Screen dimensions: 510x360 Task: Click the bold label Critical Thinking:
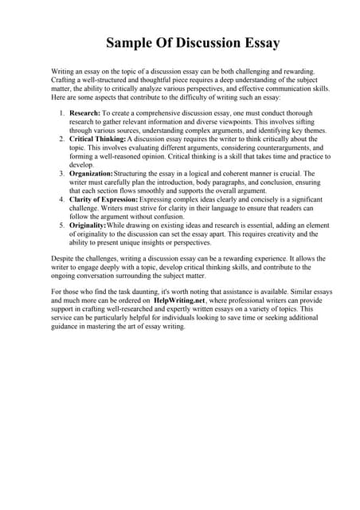(x=99, y=139)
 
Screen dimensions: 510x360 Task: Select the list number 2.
(x=62, y=139)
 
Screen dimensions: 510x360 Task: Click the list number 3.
(x=62, y=173)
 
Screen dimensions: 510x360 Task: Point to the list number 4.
(x=62, y=198)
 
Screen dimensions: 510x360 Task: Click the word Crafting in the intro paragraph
(x=65, y=80)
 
